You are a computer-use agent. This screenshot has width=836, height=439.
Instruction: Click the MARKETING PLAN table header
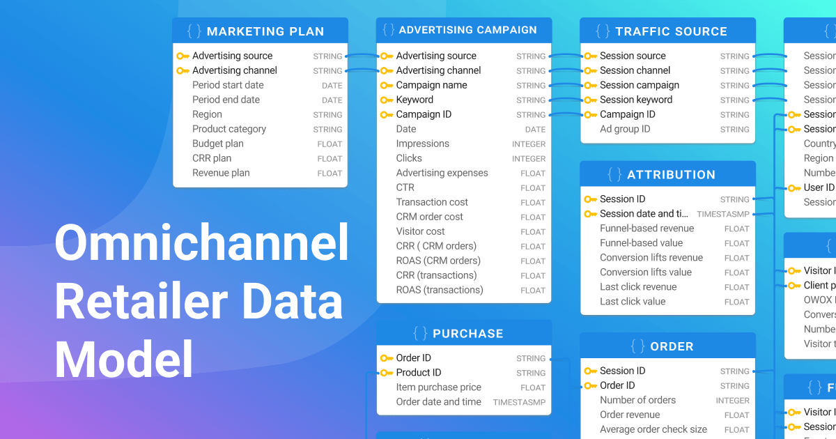pos(265,31)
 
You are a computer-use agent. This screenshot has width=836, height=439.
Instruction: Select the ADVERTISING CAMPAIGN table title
pos(467,31)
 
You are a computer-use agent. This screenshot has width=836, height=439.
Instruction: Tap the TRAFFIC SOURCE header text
pos(671,31)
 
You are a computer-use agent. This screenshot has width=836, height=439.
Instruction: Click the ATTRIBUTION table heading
pos(671,175)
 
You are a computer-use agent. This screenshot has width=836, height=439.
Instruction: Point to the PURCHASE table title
pos(467,334)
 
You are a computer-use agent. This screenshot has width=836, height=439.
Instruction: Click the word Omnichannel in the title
pos(201,242)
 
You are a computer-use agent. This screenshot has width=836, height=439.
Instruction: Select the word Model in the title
pos(124,360)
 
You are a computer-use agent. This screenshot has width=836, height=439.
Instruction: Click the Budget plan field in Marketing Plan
pos(218,144)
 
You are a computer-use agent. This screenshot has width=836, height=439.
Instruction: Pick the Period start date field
pos(228,85)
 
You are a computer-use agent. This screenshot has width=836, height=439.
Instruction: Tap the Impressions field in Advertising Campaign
pos(422,144)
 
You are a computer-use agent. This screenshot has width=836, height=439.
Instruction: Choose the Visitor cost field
pos(420,231)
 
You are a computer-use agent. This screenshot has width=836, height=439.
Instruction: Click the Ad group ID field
pos(625,129)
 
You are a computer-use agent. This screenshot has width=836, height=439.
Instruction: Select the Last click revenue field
pos(638,287)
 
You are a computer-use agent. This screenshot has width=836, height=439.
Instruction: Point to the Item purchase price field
pos(438,387)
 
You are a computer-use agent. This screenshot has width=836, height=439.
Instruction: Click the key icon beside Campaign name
pos(386,86)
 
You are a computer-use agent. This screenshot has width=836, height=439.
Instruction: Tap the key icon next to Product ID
pos(386,373)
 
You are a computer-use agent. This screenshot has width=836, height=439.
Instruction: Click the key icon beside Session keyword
pos(589,100)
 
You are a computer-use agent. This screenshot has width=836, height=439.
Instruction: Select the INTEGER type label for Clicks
pos(529,159)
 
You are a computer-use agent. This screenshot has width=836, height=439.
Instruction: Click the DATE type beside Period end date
pos(332,100)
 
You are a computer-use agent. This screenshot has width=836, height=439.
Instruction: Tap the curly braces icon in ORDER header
pos(637,346)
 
